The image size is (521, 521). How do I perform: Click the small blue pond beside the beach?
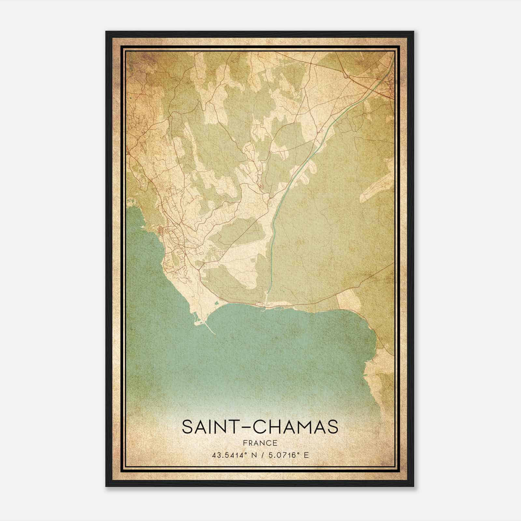[x=195, y=315]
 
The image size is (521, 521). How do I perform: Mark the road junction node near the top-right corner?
[x=348, y=77]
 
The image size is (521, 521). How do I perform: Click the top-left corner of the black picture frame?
[x=106, y=32]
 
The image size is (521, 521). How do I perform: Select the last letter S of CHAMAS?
[x=332, y=427]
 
